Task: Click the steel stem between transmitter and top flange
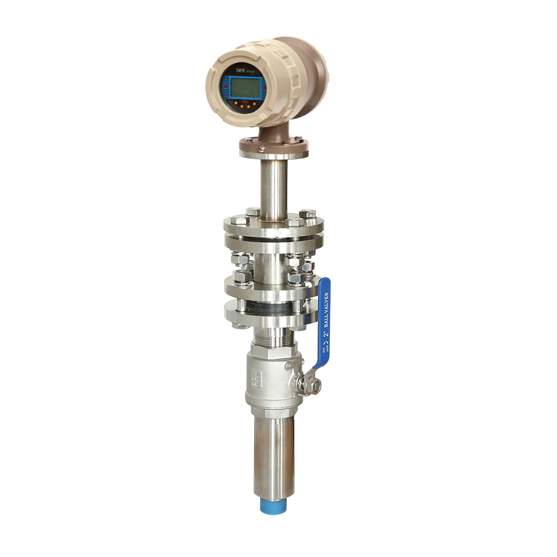click(x=273, y=184)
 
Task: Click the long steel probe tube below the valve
click(x=273, y=457)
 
